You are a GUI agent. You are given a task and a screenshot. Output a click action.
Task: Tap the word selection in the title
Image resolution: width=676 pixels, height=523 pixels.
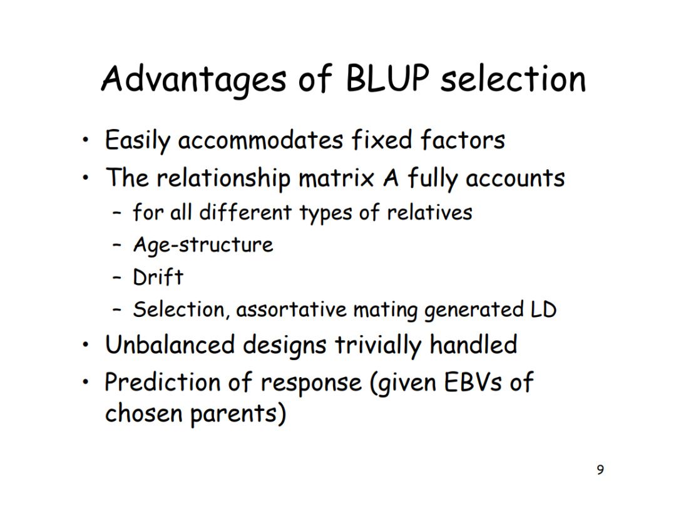(x=513, y=80)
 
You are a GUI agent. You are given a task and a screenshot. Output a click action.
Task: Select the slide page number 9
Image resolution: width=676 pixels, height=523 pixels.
(x=600, y=470)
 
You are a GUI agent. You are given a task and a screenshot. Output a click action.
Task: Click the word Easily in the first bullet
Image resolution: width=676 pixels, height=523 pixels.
(x=137, y=140)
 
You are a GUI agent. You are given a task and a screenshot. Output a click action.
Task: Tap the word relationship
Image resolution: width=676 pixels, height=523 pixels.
(x=223, y=179)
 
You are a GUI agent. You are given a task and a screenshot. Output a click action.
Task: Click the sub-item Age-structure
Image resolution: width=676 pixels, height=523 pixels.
(x=203, y=244)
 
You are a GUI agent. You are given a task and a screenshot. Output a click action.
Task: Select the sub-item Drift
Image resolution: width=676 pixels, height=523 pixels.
(x=158, y=276)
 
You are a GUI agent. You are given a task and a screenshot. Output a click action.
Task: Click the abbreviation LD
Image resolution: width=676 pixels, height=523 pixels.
(x=543, y=309)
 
